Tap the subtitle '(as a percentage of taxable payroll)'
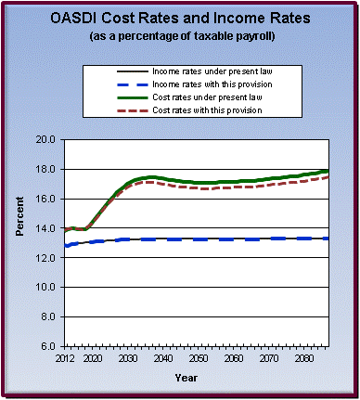pyautogui.click(x=180, y=36)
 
